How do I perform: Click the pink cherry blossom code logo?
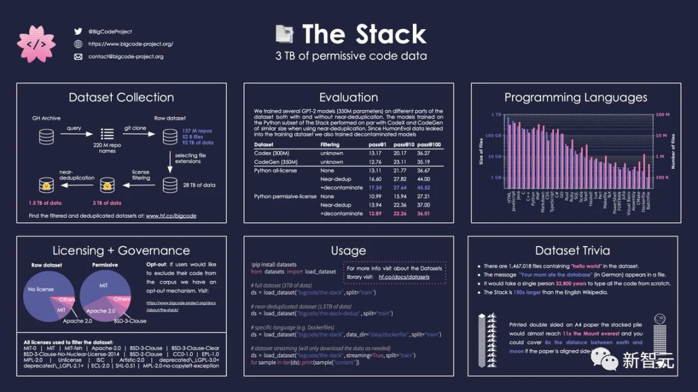click(x=36, y=43)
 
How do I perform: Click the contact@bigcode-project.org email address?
click(x=125, y=57)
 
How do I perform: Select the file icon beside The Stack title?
click(x=284, y=34)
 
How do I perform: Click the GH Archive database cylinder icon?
click(x=46, y=136)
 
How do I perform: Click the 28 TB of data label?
click(x=200, y=185)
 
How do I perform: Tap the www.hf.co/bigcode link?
click(x=171, y=216)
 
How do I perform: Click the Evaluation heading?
click(x=348, y=98)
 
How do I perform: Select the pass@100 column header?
click(x=429, y=145)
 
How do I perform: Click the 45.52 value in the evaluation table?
click(x=423, y=188)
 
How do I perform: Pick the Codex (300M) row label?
click(x=272, y=153)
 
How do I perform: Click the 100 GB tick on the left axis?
click(x=493, y=136)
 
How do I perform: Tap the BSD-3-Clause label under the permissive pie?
click(x=130, y=321)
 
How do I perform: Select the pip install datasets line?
click(x=274, y=264)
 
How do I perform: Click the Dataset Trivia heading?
click(x=572, y=251)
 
